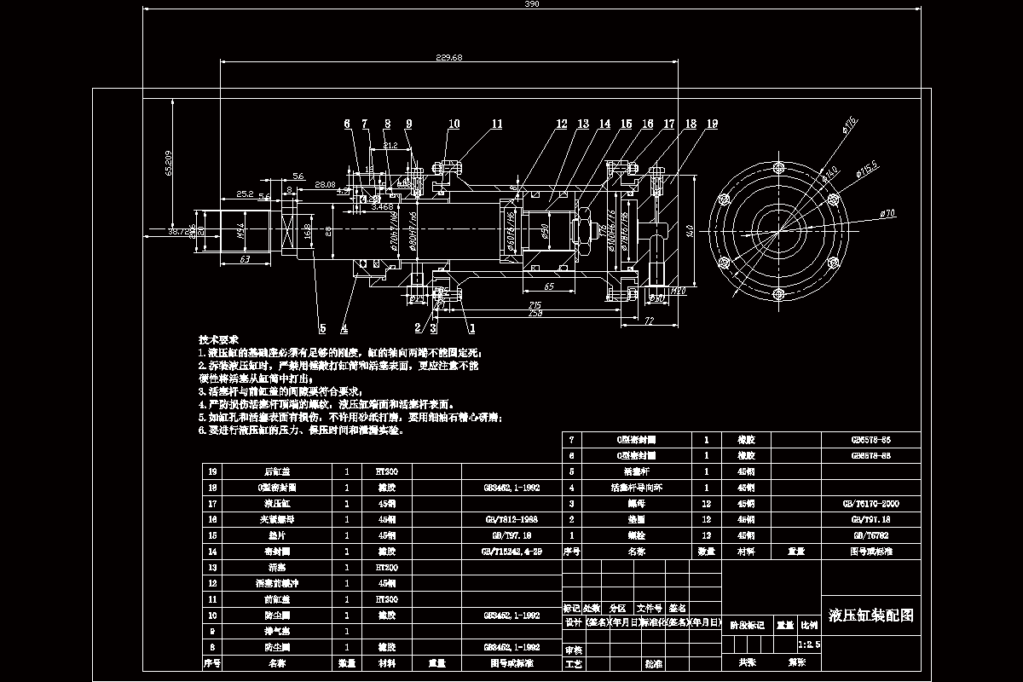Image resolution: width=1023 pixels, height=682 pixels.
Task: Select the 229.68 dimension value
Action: (x=448, y=57)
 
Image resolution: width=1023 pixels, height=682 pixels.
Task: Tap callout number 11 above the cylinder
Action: (x=496, y=124)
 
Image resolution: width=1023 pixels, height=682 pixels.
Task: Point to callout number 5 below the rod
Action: (x=323, y=327)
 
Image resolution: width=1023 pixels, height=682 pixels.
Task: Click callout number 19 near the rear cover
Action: (x=711, y=124)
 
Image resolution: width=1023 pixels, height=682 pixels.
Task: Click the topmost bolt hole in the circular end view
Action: (x=778, y=167)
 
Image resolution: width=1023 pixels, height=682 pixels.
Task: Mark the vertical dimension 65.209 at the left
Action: (x=169, y=163)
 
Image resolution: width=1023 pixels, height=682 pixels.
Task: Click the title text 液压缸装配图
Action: (x=870, y=616)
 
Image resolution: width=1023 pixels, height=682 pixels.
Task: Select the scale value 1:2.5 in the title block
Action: (x=808, y=645)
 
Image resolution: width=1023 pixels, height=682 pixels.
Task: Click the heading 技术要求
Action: (x=219, y=339)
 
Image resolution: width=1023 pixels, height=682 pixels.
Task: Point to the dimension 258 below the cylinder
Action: (x=535, y=314)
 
